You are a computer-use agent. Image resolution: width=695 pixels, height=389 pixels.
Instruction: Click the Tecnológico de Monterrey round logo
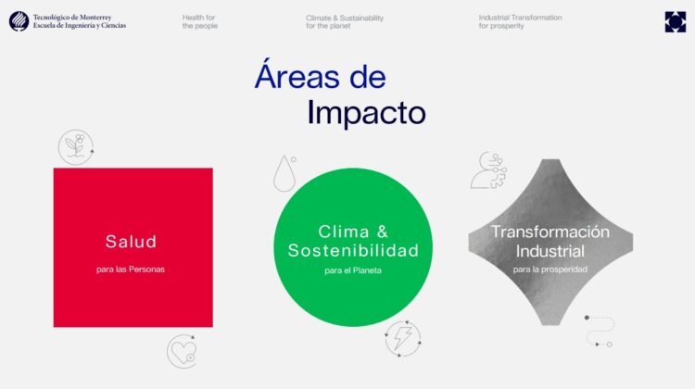click(19, 21)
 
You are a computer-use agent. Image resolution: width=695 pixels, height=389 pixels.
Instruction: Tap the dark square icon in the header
click(676, 21)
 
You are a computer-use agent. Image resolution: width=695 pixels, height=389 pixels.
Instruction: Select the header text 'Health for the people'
click(200, 21)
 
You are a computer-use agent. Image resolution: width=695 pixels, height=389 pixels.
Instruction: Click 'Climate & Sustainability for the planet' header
click(344, 21)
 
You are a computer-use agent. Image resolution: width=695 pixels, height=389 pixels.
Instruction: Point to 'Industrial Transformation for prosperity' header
click(520, 21)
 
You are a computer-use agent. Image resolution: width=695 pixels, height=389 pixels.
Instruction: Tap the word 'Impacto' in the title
click(366, 112)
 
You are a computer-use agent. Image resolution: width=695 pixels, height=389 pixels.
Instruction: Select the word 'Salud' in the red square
click(131, 242)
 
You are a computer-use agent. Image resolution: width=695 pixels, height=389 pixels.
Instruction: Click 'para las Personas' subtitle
click(131, 270)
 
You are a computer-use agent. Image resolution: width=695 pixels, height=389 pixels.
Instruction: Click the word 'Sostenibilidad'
click(353, 250)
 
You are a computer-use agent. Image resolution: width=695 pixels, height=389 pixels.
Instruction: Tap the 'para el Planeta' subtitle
click(353, 270)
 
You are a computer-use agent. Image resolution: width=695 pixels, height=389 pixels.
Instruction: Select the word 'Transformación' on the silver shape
click(550, 232)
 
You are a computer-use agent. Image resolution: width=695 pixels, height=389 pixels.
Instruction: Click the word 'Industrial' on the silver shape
click(550, 250)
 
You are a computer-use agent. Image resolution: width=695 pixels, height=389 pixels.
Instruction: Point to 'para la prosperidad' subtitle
click(550, 270)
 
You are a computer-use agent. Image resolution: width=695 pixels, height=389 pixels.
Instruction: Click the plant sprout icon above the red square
click(76, 146)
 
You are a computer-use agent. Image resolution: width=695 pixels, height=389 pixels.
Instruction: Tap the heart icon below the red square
click(181, 351)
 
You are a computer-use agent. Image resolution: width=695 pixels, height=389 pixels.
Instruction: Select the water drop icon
click(285, 172)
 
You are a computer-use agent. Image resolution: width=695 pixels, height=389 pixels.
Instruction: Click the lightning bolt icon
click(403, 339)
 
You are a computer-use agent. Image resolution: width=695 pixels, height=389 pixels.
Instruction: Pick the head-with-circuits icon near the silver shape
click(487, 170)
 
